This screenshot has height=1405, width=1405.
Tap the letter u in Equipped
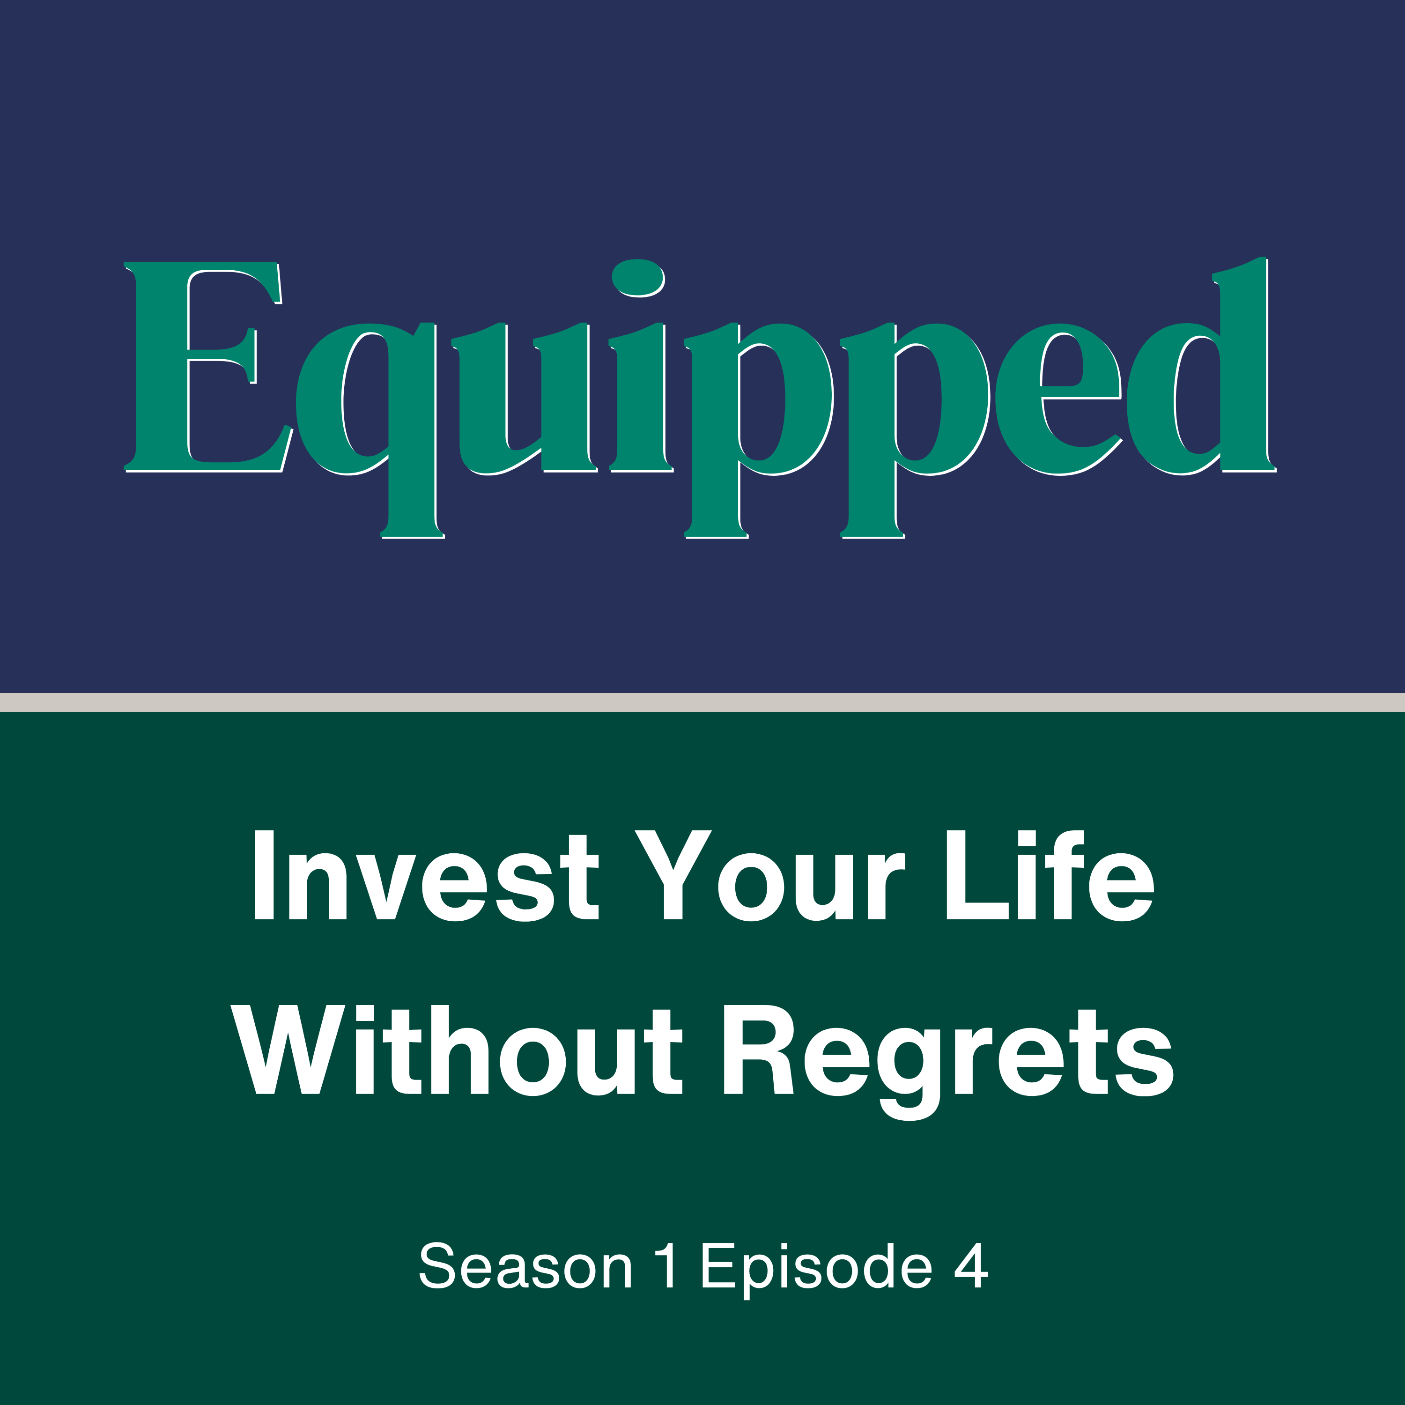pyautogui.click(x=524, y=399)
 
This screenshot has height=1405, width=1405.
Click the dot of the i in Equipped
pyautogui.click(x=638, y=278)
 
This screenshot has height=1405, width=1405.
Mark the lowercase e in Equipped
pyautogui.click(x=1059, y=399)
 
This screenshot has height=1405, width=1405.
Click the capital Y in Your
pyautogui.click(x=673, y=875)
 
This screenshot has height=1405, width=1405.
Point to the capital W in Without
pyautogui.click(x=288, y=1050)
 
